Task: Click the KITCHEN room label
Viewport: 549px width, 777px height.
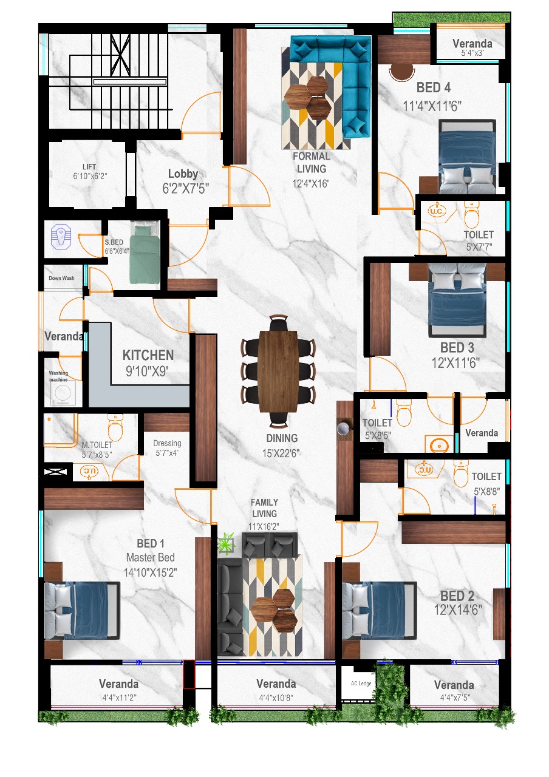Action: [x=148, y=355]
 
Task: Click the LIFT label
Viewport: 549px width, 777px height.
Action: [x=89, y=167]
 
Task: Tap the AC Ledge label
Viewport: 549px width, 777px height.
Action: [x=361, y=683]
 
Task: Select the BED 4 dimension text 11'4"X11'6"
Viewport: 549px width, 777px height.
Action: [x=432, y=106]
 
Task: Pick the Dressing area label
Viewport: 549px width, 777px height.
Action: [x=167, y=443]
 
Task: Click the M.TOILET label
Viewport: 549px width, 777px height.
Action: [x=97, y=445]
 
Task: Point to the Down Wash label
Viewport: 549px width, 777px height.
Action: [x=62, y=278]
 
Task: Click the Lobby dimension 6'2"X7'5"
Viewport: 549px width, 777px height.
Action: [x=186, y=189]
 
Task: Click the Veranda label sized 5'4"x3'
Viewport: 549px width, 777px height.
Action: [x=472, y=44]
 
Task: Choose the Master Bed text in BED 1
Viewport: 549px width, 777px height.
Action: [x=150, y=557]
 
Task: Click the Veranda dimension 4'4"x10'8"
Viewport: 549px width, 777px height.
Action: [x=276, y=697]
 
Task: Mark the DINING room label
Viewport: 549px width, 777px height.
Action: [x=282, y=438]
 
